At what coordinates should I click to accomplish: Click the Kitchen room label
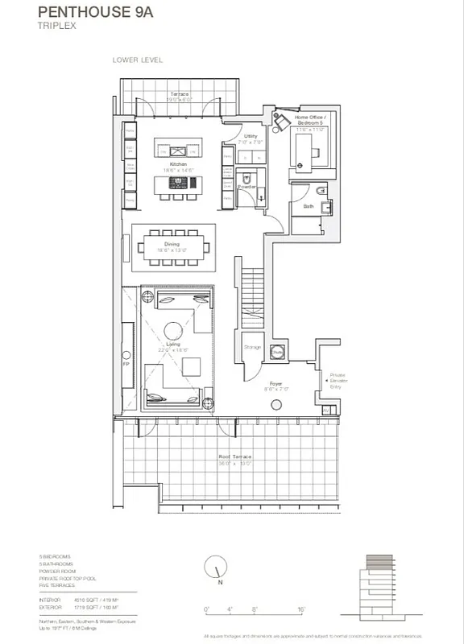coord(179,163)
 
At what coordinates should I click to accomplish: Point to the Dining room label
coord(172,243)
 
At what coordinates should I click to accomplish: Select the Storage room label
coord(251,347)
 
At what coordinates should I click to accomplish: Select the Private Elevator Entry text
coord(337,381)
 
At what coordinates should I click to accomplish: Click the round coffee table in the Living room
coord(173,329)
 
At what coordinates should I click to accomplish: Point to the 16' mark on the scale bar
coord(300,609)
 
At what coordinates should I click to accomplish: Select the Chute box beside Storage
coord(276,352)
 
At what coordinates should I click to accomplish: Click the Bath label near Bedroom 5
coord(309,206)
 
